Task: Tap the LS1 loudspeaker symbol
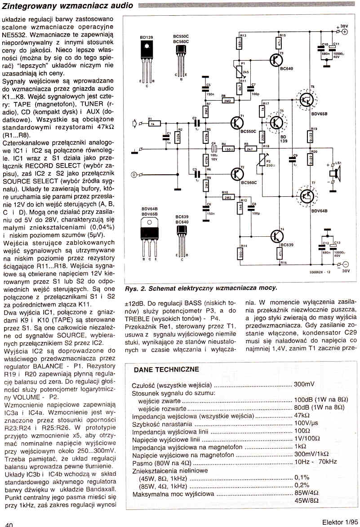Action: (333, 173)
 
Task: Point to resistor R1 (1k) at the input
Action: (154, 122)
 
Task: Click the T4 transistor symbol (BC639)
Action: (276, 235)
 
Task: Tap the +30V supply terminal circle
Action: (344, 32)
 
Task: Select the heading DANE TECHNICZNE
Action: (166, 369)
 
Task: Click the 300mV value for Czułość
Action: (304, 385)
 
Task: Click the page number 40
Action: (9, 524)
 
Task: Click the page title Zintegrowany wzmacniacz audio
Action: (68, 5)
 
